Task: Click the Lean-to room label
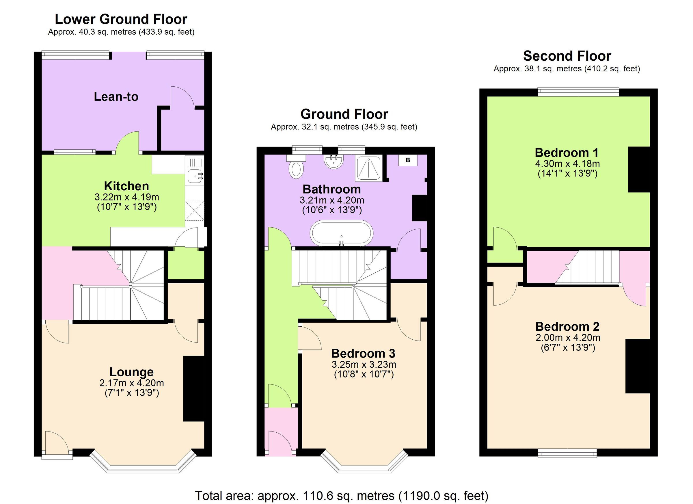point(116,96)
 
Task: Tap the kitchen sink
point(195,176)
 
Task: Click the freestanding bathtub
point(341,233)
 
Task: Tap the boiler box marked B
point(408,160)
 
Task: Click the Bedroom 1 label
point(567,152)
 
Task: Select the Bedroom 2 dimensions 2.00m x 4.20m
point(568,338)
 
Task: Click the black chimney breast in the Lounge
point(193,388)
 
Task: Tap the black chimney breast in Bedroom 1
point(639,169)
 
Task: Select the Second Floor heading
point(567,56)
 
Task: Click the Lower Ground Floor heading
point(121,19)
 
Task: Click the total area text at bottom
point(342,495)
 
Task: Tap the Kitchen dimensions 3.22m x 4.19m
point(126,197)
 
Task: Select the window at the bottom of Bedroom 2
point(567,453)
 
